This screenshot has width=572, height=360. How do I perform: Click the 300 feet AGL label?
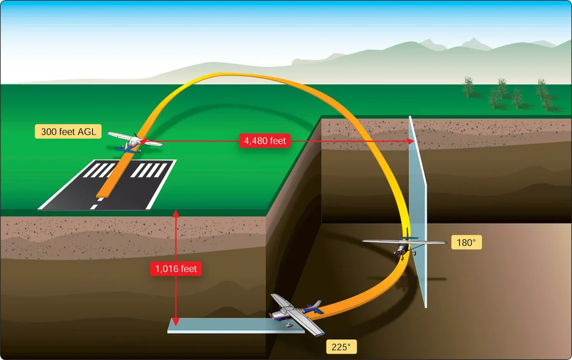tap(68, 131)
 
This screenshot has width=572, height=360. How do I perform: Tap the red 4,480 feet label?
tap(265, 140)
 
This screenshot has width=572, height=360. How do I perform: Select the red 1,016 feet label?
tap(176, 269)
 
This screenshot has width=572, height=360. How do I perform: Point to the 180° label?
tap(466, 243)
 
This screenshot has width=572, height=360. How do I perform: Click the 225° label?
tap(341, 347)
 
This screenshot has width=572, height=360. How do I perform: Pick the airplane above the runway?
tap(135, 141)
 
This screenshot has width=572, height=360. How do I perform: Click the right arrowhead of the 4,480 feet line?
tap(411, 141)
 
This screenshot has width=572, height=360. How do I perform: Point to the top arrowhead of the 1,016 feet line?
tap(176, 213)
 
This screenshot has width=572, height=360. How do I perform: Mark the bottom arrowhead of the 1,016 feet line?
tap(176, 321)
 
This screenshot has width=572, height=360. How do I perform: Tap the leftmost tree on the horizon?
tap(468, 87)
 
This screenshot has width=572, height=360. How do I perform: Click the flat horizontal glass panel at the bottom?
tap(236, 325)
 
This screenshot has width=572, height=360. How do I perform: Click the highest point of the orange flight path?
tap(219, 75)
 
